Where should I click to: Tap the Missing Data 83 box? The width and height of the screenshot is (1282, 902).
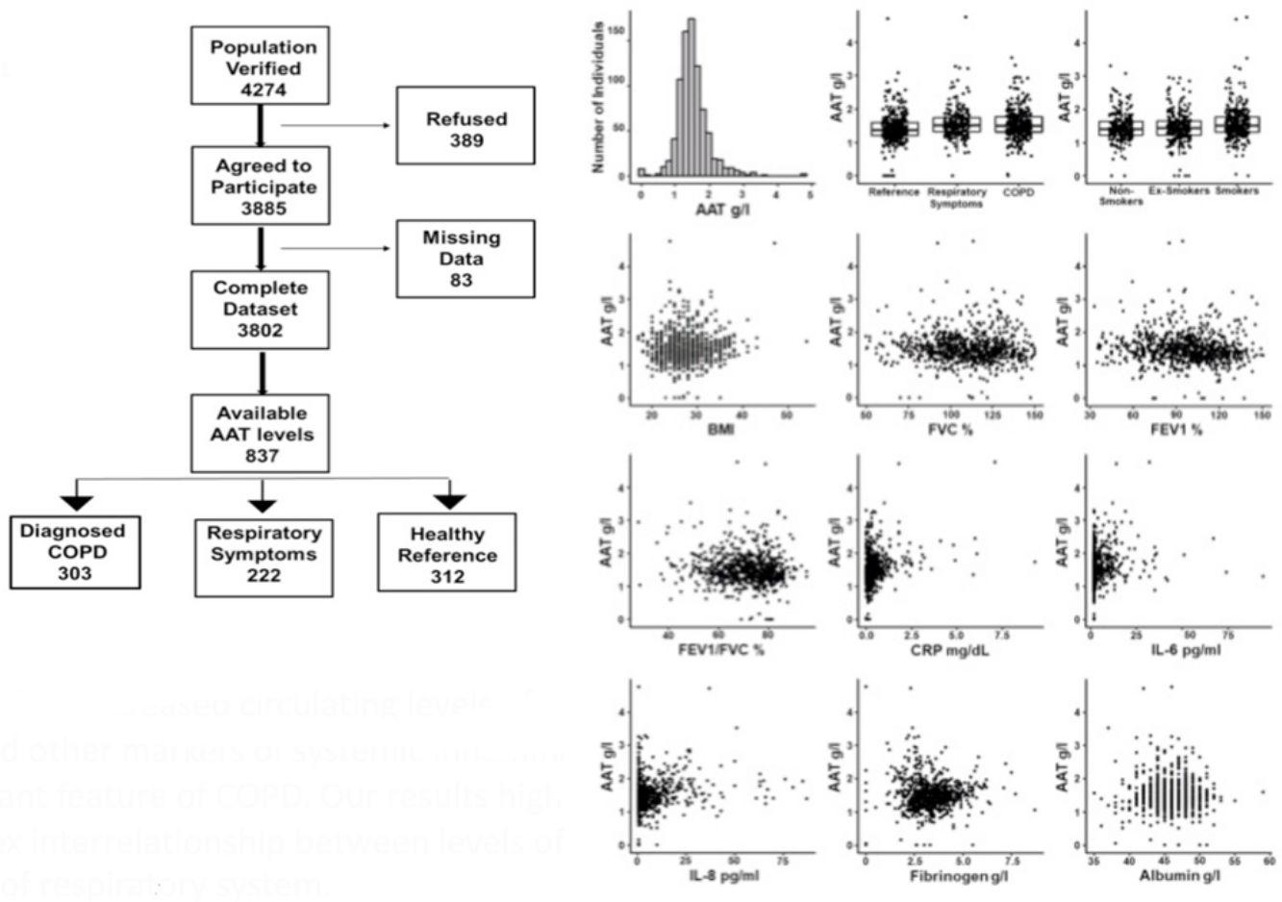(x=461, y=258)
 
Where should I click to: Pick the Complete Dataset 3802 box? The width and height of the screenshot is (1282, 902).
(x=261, y=309)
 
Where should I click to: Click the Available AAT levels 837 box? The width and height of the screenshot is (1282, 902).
(x=260, y=433)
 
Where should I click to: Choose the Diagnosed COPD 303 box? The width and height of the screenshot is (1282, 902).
(x=74, y=551)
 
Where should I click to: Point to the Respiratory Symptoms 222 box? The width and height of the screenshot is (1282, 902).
(x=264, y=554)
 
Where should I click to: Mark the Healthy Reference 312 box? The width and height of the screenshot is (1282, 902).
(x=447, y=554)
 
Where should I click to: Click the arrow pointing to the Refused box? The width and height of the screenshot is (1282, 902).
(x=336, y=125)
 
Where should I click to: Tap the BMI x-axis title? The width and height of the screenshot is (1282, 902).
(x=720, y=428)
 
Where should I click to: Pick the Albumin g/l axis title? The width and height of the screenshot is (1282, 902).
(x=1177, y=875)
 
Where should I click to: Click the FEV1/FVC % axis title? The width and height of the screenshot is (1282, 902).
(x=721, y=651)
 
